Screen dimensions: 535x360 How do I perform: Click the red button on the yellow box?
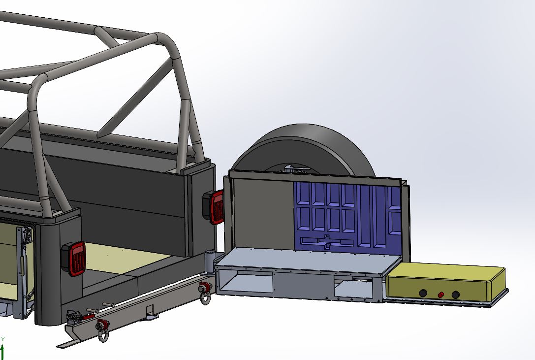point(441,295)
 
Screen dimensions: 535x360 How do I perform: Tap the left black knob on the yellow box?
point(423,293)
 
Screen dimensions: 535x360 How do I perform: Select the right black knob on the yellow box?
point(455,295)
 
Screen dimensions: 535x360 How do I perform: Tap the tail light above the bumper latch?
point(74,259)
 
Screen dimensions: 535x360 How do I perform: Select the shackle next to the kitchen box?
point(205,292)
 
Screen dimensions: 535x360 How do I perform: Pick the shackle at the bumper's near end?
point(102,330)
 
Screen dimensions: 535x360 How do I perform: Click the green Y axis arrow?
point(2,352)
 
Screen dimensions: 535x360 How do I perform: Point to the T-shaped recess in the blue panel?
point(327,242)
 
